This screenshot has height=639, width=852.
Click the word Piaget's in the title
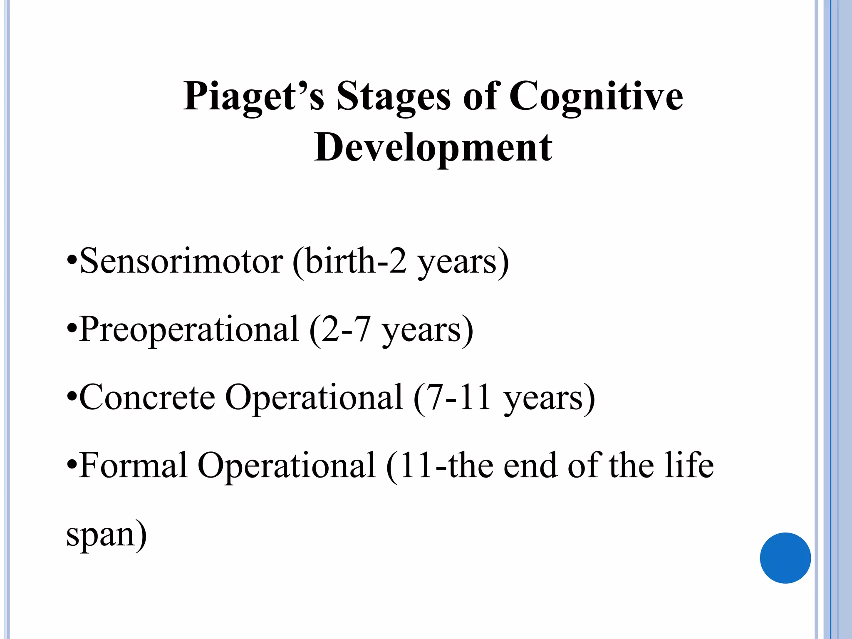[x=253, y=97]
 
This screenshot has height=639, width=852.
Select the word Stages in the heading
[x=393, y=97]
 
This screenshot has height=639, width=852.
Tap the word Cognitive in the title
[x=596, y=97]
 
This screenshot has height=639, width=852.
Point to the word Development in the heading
[x=433, y=147]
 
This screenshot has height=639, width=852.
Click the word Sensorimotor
[x=181, y=261]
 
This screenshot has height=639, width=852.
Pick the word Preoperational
[x=189, y=329]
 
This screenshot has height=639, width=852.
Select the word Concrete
[x=147, y=397]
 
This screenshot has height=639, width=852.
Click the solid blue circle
[x=785, y=558]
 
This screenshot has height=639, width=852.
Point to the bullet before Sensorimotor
[x=72, y=262]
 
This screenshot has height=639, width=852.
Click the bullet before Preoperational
[x=72, y=330]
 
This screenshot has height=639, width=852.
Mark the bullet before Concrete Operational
[x=72, y=398]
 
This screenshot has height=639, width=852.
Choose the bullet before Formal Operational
[x=72, y=466]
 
